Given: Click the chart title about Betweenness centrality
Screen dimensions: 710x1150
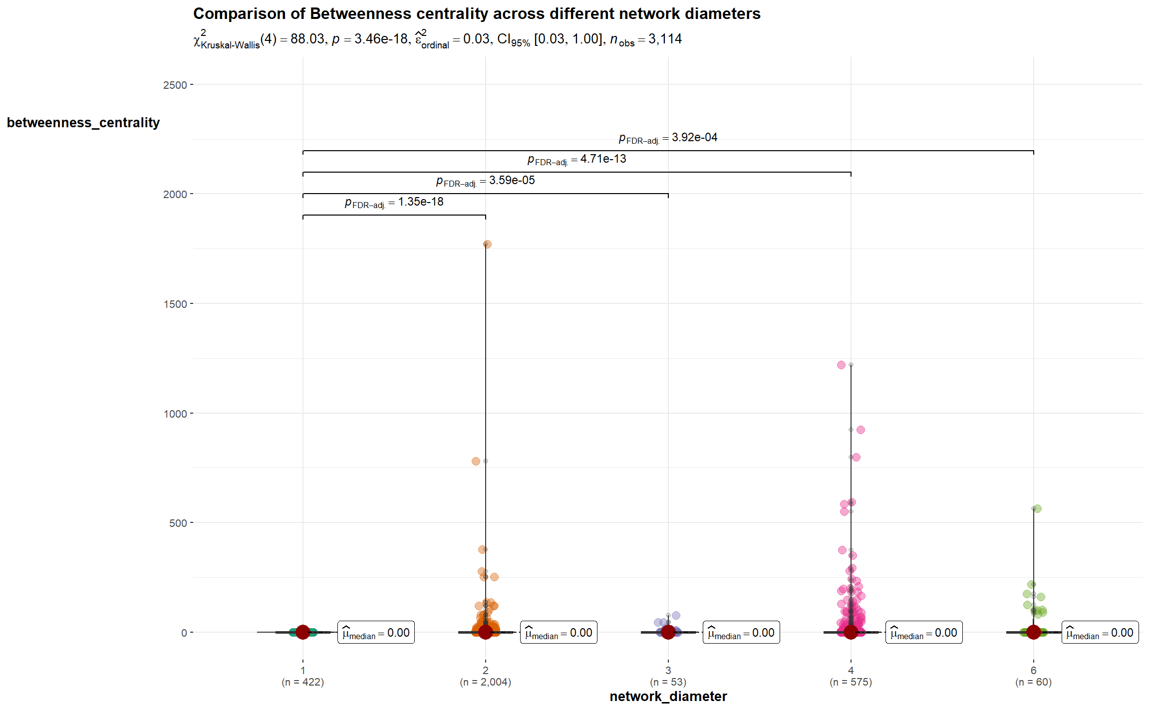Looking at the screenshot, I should (477, 13).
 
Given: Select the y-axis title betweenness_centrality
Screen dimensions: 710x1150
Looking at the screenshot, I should (83, 123).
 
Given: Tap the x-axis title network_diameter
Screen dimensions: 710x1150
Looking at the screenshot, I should (668, 697).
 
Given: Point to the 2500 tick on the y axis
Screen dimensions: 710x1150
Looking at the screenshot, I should (175, 85).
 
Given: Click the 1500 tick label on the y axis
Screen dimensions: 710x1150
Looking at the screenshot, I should (175, 304).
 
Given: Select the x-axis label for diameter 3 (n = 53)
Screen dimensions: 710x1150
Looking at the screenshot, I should (668, 677).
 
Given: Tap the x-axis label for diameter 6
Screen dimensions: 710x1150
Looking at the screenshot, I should (1033, 677).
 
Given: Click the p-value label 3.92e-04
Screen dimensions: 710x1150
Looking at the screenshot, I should (668, 138).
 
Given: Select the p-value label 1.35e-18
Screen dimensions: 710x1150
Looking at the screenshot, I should (394, 202).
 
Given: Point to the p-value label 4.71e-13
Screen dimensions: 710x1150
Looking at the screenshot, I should (576, 159).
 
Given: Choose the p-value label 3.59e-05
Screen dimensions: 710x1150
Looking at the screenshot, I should (485, 181).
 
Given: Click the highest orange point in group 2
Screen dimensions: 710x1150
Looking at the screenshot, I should (487, 244).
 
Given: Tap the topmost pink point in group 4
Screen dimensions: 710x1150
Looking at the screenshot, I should (841, 365).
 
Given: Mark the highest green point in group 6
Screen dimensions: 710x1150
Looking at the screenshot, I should (1037, 509).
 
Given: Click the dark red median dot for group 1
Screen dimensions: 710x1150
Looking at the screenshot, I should (302, 632).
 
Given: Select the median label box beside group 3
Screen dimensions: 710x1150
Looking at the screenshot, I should (741, 633).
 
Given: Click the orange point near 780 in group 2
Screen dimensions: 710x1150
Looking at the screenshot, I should (476, 462).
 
